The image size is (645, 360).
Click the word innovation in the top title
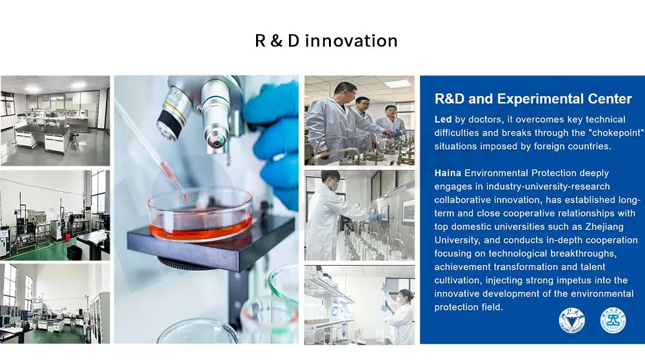pos(352,41)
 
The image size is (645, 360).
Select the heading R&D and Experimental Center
pos(533,99)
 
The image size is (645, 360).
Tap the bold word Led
pos(443,119)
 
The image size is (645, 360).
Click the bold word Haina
pos(448,173)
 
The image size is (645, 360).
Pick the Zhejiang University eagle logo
pos(571,321)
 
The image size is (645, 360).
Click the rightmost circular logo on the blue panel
pos(613,321)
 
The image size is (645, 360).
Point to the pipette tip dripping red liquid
pos(184,197)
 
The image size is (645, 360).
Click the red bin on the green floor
pos(68,237)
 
